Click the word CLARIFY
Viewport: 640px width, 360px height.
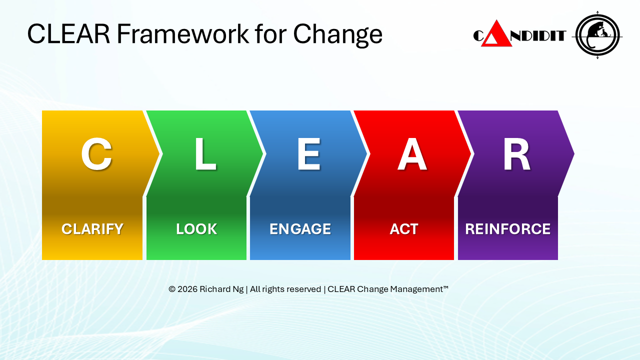pyautogui.click(x=92, y=229)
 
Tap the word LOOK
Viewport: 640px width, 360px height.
pyautogui.click(x=196, y=229)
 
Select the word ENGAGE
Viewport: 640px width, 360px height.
pyautogui.click(x=300, y=229)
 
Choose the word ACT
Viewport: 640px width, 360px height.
pyautogui.click(x=404, y=229)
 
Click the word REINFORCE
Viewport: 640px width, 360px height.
pyautogui.click(x=507, y=229)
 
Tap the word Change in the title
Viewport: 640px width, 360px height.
pyautogui.click(x=337, y=35)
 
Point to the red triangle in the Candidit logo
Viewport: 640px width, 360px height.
pyautogui.click(x=496, y=33)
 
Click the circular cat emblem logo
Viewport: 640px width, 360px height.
pyautogui.click(x=597, y=35)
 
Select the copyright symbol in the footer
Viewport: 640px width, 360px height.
pyautogui.click(x=171, y=289)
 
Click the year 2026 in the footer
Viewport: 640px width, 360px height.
pyautogui.click(x=187, y=289)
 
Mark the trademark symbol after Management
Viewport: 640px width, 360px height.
pyautogui.click(x=445, y=287)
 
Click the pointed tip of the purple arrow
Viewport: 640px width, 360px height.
pyautogui.click(x=574, y=153)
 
